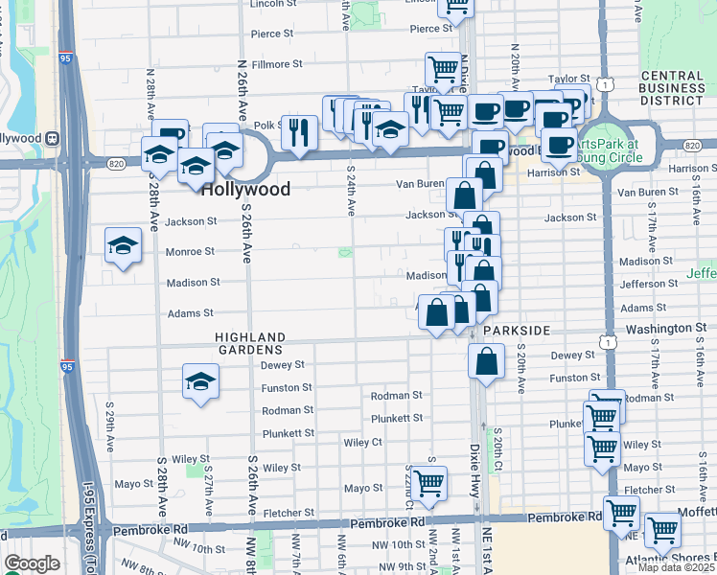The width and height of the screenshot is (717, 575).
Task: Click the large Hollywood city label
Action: pyautogui.click(x=245, y=189)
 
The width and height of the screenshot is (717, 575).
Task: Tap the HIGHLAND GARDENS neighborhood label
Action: pyautogui.click(x=250, y=343)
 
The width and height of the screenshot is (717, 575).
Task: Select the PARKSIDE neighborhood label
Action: pyautogui.click(x=517, y=330)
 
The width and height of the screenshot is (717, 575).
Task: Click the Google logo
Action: pyautogui.click(x=32, y=563)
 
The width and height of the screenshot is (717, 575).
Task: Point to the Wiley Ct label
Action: pyautogui.click(x=363, y=443)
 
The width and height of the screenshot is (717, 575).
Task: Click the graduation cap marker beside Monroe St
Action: pyautogui.click(x=124, y=247)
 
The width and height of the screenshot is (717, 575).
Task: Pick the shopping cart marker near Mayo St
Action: pyautogui.click(x=428, y=482)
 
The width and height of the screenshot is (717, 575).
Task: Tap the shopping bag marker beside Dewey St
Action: pyautogui.click(x=486, y=361)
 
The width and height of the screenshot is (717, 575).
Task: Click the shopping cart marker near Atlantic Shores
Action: pyautogui.click(x=662, y=529)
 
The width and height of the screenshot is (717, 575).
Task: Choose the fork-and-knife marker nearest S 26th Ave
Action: pyautogui.click(x=300, y=131)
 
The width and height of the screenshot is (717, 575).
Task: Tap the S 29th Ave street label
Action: pyautogui.click(x=111, y=438)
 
